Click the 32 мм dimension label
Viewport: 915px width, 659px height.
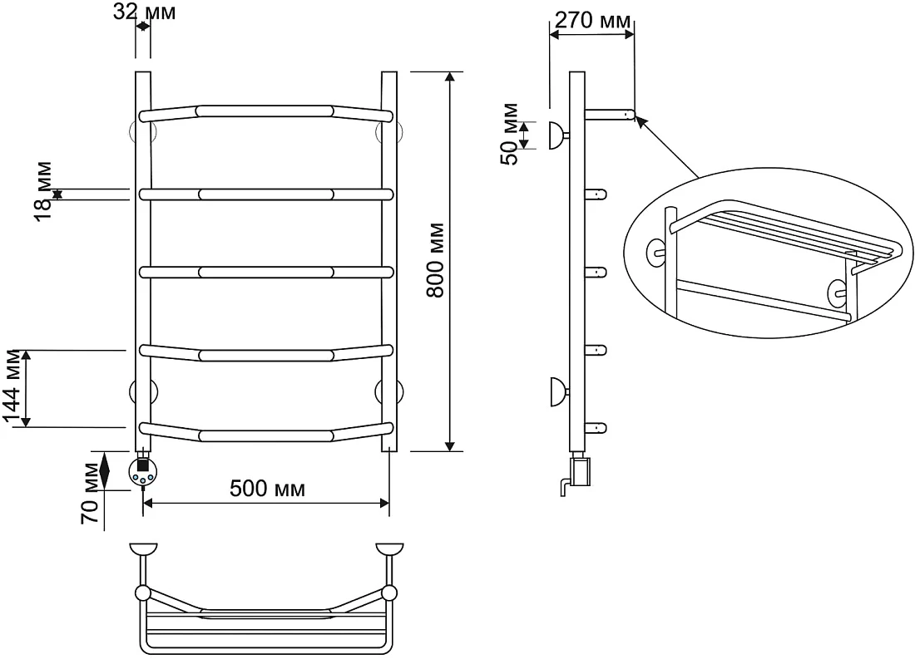coord(144,12)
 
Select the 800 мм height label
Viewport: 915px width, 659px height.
coord(435,260)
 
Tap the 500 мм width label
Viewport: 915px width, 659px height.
coord(267,488)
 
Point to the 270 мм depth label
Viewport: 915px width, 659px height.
coord(592,21)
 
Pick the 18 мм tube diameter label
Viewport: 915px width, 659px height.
coord(42,191)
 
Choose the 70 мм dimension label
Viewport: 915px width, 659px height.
coord(91,494)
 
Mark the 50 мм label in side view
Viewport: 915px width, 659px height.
coord(509,134)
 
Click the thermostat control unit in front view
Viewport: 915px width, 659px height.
coord(143,470)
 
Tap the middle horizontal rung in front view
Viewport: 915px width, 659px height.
coord(266,273)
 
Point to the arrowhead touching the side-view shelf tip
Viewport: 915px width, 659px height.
coord(640,120)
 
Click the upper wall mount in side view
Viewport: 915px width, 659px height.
coord(558,135)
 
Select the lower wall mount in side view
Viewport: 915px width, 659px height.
coord(558,391)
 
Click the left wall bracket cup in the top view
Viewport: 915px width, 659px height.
coord(143,548)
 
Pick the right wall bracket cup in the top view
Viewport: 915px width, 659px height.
coord(390,548)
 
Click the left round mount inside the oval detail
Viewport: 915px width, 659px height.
coord(655,253)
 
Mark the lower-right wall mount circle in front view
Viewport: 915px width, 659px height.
coord(389,391)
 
